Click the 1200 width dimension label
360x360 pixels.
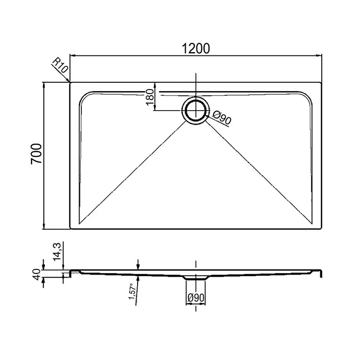coord(196,49)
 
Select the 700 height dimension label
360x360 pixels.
coord(36,154)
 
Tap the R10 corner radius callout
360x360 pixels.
coord(60,65)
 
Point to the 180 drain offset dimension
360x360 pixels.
coord(149,97)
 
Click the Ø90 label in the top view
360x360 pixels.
coord(221,117)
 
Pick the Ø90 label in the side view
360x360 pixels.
coord(196,297)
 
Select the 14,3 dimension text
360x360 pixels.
coord(57,251)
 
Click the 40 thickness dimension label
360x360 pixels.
coord(37,274)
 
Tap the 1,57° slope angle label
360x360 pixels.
coord(132,291)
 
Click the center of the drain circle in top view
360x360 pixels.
coord(196,111)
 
